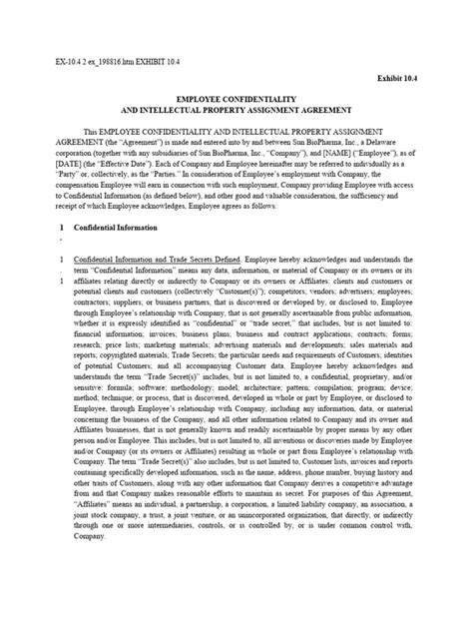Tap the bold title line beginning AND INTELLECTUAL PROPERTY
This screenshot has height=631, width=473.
click(236, 113)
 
